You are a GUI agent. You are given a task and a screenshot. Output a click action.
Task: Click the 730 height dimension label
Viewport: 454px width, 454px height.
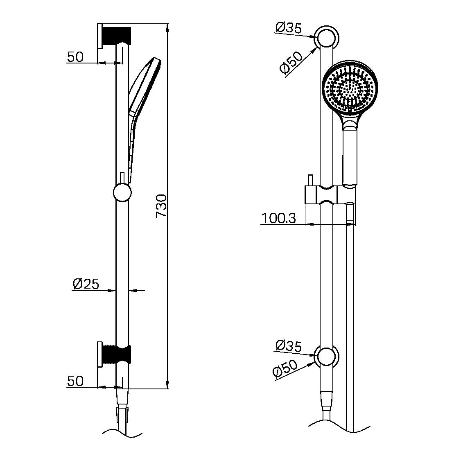[161, 206]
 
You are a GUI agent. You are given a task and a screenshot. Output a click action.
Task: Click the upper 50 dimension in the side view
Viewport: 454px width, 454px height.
[75, 57]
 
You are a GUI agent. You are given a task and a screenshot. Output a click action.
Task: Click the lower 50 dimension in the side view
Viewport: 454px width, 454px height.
[75, 381]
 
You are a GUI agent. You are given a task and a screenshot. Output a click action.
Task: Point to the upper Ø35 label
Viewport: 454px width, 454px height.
[289, 28]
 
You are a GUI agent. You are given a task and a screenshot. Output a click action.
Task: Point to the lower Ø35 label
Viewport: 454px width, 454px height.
[289, 346]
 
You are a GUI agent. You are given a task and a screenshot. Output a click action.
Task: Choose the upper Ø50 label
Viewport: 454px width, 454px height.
[291, 63]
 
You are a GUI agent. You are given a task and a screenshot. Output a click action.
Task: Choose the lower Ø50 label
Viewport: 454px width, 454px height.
[285, 369]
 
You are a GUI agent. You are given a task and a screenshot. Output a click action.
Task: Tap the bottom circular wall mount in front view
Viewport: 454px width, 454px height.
[327, 356]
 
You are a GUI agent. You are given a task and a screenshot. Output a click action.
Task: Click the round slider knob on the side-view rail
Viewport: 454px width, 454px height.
[122, 192]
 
